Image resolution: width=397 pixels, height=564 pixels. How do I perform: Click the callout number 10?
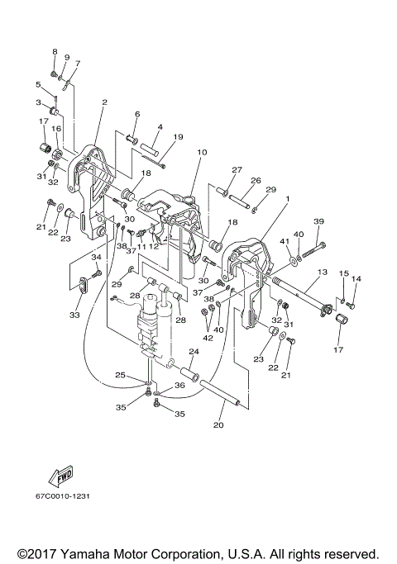(x=201, y=152)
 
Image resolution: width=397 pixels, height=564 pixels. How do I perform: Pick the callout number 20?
(x=218, y=426)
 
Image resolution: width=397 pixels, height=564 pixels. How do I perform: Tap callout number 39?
(x=318, y=221)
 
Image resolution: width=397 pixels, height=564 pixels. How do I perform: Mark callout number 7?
(x=78, y=63)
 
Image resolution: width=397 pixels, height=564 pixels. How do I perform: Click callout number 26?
(x=256, y=181)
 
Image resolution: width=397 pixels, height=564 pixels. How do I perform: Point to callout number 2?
(x=104, y=102)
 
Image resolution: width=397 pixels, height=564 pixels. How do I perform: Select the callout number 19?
(x=177, y=137)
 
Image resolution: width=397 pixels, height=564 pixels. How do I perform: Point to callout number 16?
(x=56, y=129)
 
